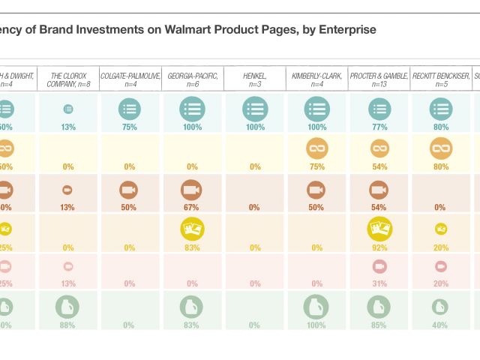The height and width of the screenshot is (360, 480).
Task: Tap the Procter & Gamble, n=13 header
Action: [x=379, y=79]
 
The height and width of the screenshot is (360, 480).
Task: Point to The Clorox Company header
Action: [x=67, y=79]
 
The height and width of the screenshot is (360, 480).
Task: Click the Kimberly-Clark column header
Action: [x=316, y=79]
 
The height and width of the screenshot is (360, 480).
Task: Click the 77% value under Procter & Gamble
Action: [x=379, y=127]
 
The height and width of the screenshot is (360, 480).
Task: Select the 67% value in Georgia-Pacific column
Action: [x=192, y=207]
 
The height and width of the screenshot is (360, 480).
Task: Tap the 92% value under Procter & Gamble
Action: [x=379, y=247]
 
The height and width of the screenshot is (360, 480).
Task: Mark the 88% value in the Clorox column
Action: [x=67, y=325]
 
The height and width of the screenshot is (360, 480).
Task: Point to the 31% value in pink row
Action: [x=379, y=283]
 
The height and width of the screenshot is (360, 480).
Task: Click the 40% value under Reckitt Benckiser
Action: [x=441, y=325]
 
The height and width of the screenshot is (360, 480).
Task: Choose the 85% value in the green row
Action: [x=379, y=325]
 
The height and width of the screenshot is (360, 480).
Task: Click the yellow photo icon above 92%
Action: [x=379, y=228]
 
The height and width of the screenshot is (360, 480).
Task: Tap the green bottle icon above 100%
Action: [x=316, y=307]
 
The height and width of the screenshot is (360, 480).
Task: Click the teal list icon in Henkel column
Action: [x=254, y=109]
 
